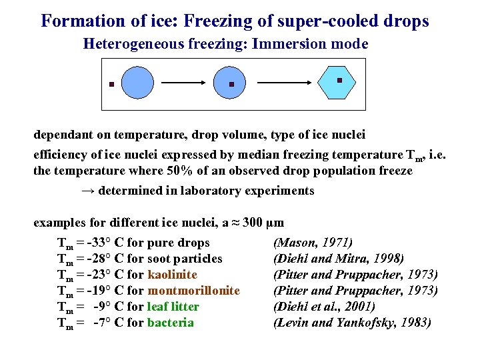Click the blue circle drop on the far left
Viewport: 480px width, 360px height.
(x=138, y=83)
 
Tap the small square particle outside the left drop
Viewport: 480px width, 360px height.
(x=112, y=85)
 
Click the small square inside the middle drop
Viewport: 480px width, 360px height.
(x=231, y=85)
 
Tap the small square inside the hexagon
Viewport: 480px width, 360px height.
(x=339, y=81)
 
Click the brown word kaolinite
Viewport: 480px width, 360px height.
(x=172, y=275)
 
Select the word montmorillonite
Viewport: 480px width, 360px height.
(x=193, y=291)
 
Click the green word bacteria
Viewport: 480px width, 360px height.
(x=170, y=323)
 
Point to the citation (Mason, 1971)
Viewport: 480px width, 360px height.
(x=313, y=243)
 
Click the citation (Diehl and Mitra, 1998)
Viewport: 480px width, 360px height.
(x=339, y=259)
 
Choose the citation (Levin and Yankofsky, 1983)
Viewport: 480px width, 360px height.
(x=352, y=323)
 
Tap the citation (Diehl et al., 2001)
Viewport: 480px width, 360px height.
(x=324, y=307)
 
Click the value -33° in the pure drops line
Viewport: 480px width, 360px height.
(x=99, y=243)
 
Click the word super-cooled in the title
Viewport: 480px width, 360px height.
(x=296, y=21)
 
